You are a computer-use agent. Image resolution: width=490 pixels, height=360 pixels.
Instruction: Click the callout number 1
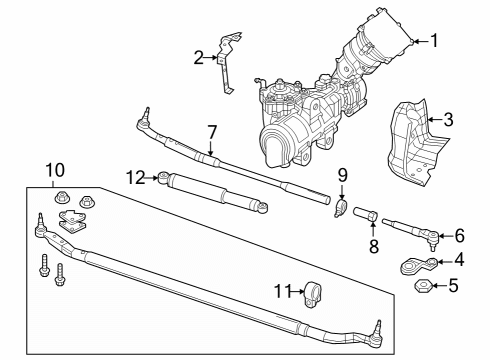pyautogui.click(x=434, y=41)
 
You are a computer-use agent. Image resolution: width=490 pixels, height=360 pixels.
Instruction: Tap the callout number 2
pyautogui.click(x=199, y=58)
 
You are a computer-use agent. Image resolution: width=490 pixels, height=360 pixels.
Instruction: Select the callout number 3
pyautogui.click(x=448, y=120)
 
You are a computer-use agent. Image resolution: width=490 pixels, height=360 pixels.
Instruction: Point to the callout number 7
pyautogui.click(x=211, y=132)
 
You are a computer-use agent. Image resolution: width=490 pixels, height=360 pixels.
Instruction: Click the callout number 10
pyautogui.click(x=54, y=169)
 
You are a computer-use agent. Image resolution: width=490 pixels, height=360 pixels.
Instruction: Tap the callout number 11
pyautogui.click(x=281, y=291)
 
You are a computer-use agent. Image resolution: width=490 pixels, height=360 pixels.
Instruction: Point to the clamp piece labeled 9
pyautogui.click(x=340, y=209)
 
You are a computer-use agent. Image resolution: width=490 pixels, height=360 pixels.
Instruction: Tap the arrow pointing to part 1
pyautogui.click(x=418, y=41)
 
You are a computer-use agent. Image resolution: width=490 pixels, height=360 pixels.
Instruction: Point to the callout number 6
pyautogui.click(x=460, y=236)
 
